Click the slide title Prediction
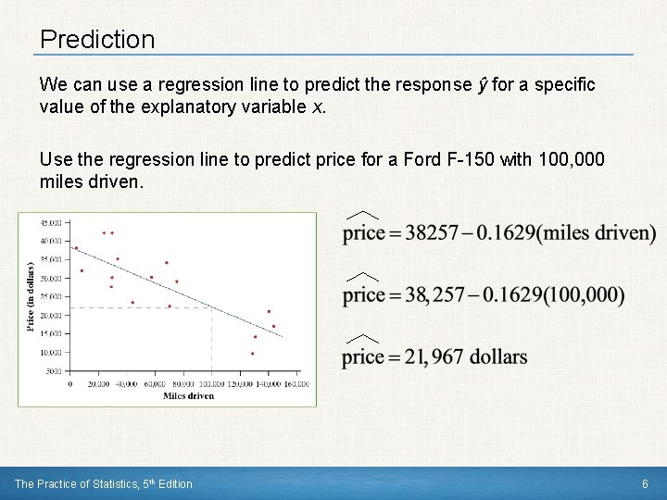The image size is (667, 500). tap(97, 40)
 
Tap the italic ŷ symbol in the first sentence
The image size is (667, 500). tap(481, 85)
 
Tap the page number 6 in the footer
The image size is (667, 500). tap(645, 483)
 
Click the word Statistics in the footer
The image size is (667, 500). tap(116, 483)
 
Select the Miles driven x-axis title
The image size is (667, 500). tap(188, 396)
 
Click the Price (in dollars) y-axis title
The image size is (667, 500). tap(31, 294)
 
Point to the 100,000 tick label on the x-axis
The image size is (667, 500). tap(211, 383)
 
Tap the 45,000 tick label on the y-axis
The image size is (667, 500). tap(52, 222)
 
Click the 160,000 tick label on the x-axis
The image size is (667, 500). tap(296, 383)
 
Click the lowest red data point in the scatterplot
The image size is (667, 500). tap(252, 354)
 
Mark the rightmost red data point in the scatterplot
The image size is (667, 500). tap(273, 326)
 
